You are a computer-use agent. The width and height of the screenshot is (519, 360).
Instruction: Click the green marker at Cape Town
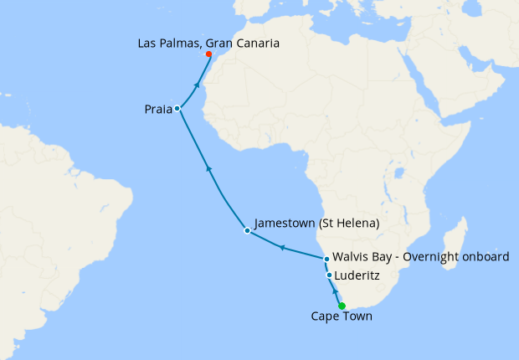(342, 306)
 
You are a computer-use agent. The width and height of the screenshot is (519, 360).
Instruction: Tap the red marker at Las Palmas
(208, 54)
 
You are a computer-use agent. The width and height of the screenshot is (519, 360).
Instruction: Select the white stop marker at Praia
(177, 109)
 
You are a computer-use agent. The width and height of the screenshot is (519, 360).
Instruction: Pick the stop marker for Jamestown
(246, 230)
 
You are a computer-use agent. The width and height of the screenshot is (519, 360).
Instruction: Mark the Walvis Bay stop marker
(326, 259)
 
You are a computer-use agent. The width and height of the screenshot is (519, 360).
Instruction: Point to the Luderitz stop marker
(329, 275)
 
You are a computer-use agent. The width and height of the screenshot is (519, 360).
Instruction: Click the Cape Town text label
(342, 317)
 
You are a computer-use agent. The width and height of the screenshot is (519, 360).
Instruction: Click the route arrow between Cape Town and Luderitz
(336, 292)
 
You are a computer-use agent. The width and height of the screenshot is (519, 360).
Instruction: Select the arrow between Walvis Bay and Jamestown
(282, 248)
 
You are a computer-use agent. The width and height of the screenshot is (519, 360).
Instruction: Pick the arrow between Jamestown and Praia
(209, 170)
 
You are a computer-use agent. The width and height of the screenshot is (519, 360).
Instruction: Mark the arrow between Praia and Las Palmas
(197, 84)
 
